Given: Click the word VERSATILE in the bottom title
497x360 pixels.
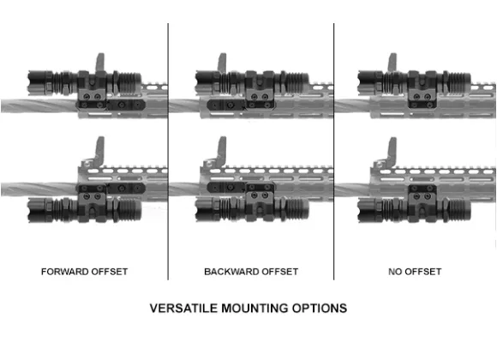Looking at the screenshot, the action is click(x=183, y=309).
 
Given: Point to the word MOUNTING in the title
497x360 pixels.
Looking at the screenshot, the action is click(x=254, y=309).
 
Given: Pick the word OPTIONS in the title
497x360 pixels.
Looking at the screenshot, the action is click(x=320, y=309).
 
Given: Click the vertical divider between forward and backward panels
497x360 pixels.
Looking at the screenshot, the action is click(x=168, y=152).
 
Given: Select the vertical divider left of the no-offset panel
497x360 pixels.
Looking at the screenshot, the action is click(x=334, y=152).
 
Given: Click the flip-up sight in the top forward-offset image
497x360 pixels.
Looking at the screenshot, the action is click(x=100, y=63).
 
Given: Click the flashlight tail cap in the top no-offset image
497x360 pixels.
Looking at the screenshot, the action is click(x=459, y=83).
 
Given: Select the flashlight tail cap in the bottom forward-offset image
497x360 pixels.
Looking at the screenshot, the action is click(x=129, y=210).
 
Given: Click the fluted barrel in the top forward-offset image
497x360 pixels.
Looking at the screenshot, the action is click(x=39, y=106).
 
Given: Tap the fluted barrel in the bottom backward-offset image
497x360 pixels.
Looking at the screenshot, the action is click(x=184, y=189).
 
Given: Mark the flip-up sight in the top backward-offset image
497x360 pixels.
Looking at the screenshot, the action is click(x=222, y=63).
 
